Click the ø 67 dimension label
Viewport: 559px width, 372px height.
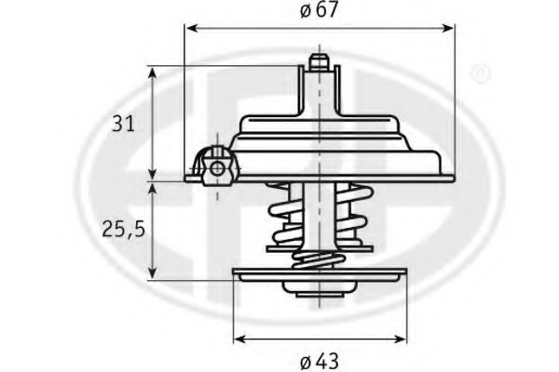click(320, 11)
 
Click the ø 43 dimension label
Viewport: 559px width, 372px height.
click(320, 357)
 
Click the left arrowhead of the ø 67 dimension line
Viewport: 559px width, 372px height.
click(191, 29)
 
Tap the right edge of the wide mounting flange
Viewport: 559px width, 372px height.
click(447, 174)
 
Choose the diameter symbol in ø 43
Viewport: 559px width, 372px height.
click(307, 357)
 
